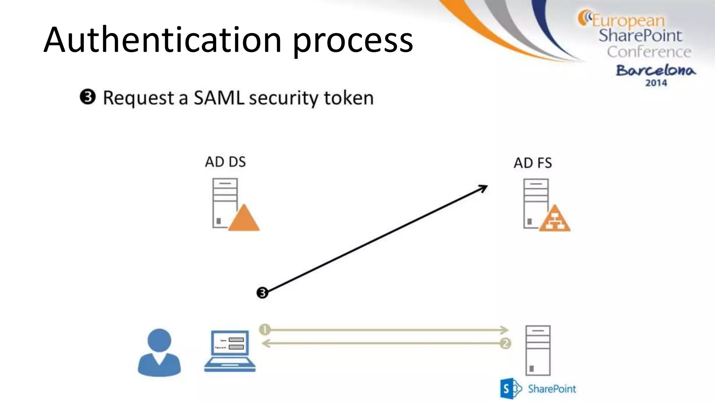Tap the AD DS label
point(225,162)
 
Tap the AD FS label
point(533,163)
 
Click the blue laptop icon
point(230,351)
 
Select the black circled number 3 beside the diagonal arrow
point(262,292)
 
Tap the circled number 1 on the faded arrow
point(265,329)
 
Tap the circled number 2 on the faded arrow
point(506,343)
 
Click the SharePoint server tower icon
point(538,350)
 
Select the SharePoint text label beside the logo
point(552,389)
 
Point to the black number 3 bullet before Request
point(88,97)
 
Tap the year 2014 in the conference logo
point(656,83)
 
